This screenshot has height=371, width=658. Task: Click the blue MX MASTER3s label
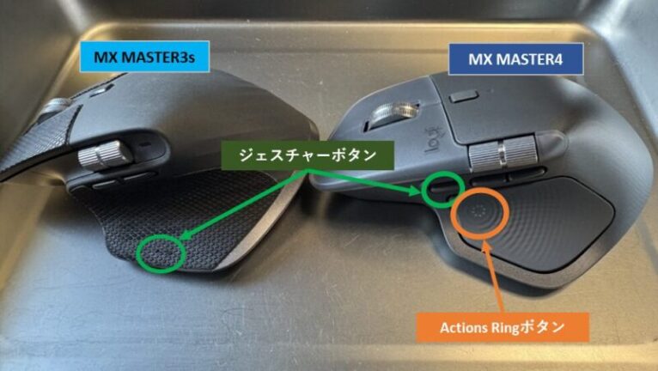pyautogui.click(x=144, y=57)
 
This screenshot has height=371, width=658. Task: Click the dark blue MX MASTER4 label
pyautogui.click(x=515, y=59)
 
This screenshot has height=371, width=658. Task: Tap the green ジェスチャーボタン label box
pyautogui.click(x=308, y=155)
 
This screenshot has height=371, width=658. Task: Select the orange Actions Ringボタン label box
pyautogui.click(x=503, y=327)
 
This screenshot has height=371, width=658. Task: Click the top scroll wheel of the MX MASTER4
pyautogui.click(x=392, y=113)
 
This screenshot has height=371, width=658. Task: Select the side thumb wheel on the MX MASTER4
pyautogui.click(x=503, y=153)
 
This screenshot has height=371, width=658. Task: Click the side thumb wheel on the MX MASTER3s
pyautogui.click(x=106, y=155)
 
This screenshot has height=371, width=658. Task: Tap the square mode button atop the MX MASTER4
pyautogui.click(x=464, y=97)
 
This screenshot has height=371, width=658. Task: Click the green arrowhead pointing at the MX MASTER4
pyautogui.click(x=417, y=191)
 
